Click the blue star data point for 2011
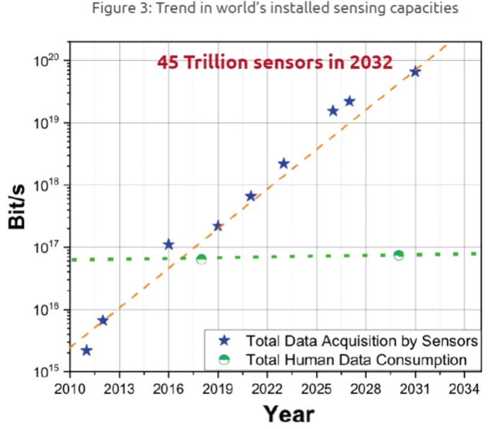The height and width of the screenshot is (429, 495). tap(86, 351)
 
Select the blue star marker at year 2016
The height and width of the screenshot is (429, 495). tap(169, 245)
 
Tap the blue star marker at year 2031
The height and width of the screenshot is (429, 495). tap(415, 72)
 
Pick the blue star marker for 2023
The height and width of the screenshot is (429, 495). tap(284, 164)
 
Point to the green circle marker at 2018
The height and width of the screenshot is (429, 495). tap(201, 259)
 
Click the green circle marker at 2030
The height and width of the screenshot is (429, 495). tap(399, 255)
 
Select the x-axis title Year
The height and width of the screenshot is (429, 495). tap(288, 414)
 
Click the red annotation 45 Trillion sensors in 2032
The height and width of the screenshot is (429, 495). tap(275, 63)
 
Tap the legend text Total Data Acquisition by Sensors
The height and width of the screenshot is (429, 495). tap(361, 342)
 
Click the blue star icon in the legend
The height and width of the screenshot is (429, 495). tap(224, 341)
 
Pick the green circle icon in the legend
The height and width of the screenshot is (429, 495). tap(224, 360)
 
